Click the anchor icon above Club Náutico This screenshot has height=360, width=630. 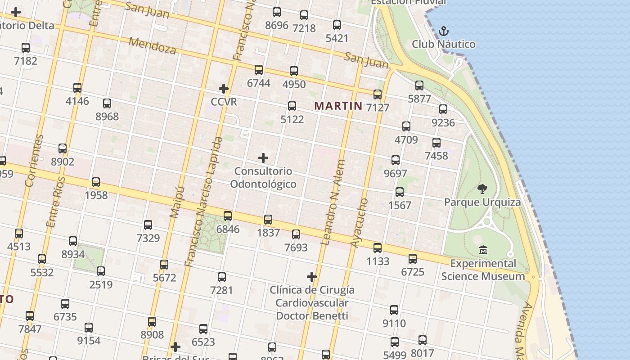point(444,31)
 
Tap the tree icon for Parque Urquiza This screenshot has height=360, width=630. point(482,189)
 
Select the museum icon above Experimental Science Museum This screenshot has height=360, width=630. point(483,250)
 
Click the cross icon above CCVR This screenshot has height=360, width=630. point(224,89)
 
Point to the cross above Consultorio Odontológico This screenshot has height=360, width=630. point(263,158)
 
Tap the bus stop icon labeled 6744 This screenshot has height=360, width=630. point(259,70)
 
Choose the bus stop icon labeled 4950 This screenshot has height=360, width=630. point(294,71)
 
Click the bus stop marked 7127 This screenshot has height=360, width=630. point(378,94)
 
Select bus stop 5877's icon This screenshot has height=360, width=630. point(419,85)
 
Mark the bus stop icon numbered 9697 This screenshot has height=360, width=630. point(396,160)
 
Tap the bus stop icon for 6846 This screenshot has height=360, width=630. point(228,216)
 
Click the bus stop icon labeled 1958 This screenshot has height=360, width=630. point(96,182)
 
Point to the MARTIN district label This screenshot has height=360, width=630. point(338,106)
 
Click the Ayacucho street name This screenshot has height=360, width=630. point(359,223)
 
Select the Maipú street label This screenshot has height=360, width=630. point(177,202)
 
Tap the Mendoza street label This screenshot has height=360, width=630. point(153,45)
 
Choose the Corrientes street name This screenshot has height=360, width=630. point(35,161)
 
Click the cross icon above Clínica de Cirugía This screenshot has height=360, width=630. point(312,276)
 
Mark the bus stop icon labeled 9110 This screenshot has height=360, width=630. point(394,310)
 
